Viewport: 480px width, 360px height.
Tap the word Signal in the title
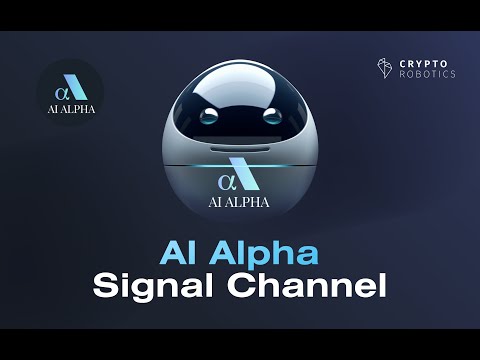[x=150, y=284]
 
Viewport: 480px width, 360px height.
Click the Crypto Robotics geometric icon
[x=384, y=68]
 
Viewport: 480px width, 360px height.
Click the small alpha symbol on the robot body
[x=225, y=182]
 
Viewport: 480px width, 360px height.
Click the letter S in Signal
[x=105, y=284]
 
